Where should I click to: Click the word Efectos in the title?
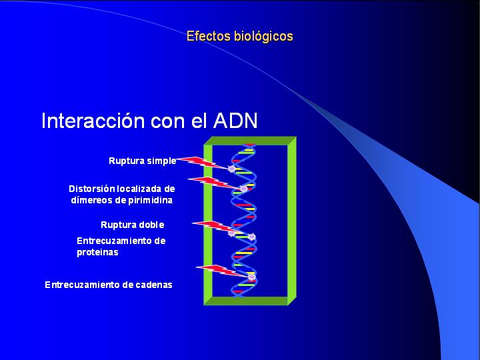pyautogui.click(x=208, y=36)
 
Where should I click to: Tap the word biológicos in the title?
pyautogui.click(x=263, y=37)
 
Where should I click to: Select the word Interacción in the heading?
pyautogui.click(x=93, y=120)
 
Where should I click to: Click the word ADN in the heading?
pyautogui.click(x=235, y=120)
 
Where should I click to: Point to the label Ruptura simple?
pyautogui.click(x=143, y=161)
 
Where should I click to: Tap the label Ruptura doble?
pyautogui.click(x=132, y=225)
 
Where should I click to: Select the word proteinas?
pyautogui.click(x=97, y=253)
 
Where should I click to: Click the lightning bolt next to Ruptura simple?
pyautogui.click(x=203, y=163)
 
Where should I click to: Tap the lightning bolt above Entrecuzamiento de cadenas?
pyautogui.click(x=222, y=271)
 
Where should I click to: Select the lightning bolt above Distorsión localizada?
pyautogui.click(x=214, y=183)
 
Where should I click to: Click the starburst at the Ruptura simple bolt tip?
pyautogui.click(x=232, y=169)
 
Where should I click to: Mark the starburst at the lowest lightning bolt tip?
pyautogui.click(x=251, y=277)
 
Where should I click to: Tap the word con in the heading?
pyautogui.click(x=168, y=122)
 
